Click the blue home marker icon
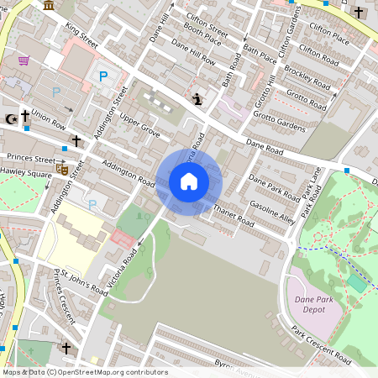point(189,181)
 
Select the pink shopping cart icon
point(24,60)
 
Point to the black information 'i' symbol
point(197,99)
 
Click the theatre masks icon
point(61,169)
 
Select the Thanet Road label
point(233,216)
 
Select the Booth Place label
point(202,39)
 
